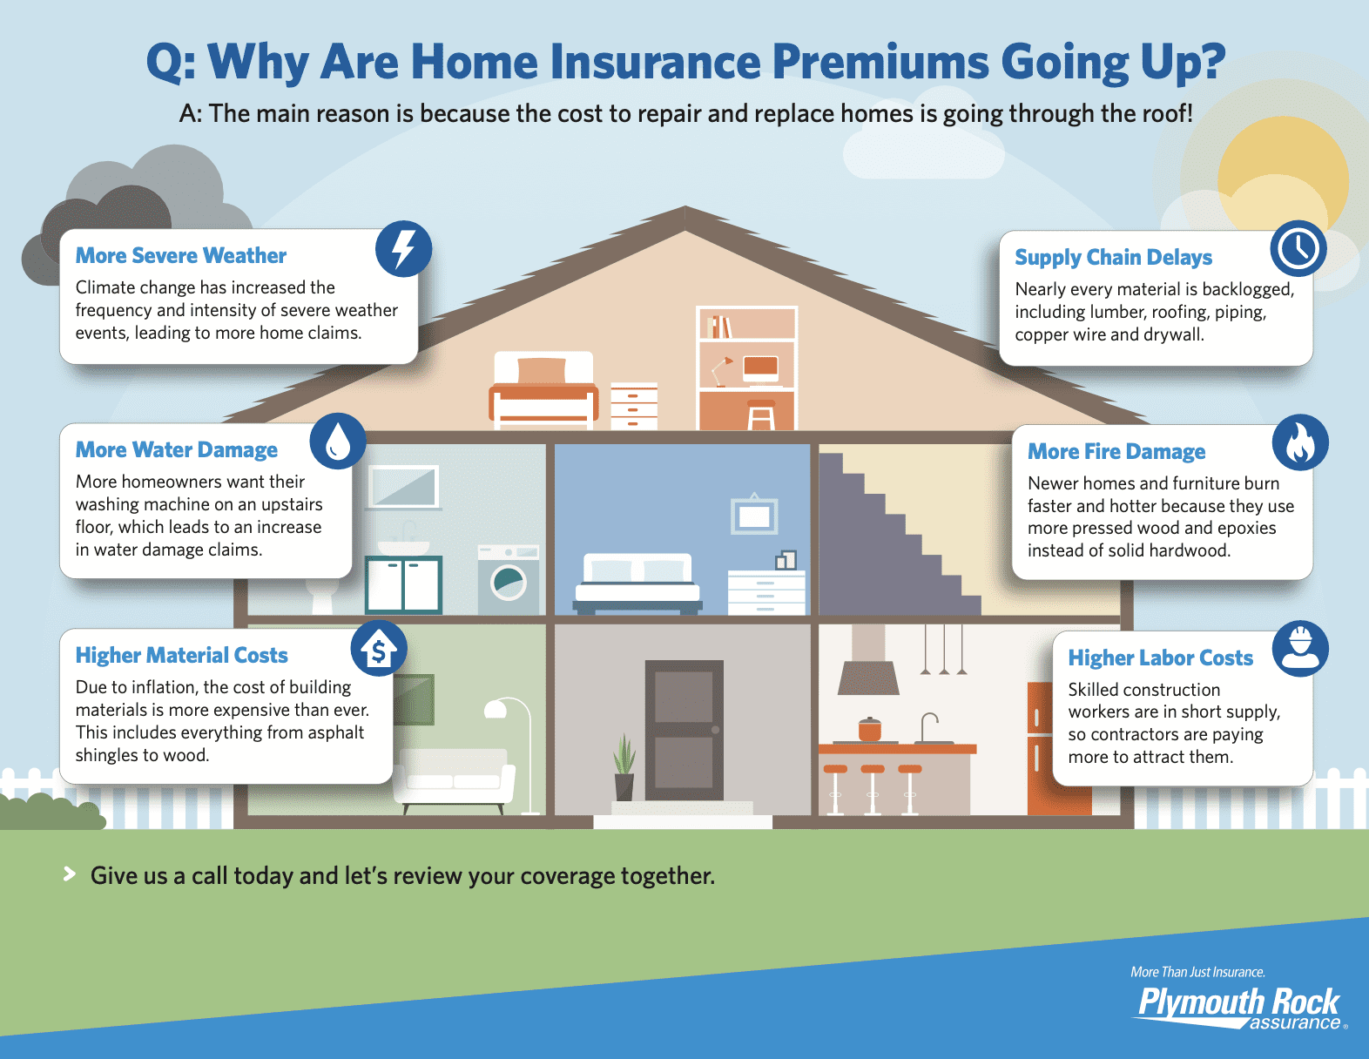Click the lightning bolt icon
403,249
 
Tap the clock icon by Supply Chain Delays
1298,249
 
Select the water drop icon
338,442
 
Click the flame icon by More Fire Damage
1300,442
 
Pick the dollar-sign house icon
379,649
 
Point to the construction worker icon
1300,649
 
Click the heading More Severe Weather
180,256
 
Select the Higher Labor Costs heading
1160,658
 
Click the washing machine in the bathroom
509,580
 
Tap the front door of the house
684,730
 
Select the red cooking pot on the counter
869,729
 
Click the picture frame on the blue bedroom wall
753,516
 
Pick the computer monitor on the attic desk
760,368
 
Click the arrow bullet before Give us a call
70,874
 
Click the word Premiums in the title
880,63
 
